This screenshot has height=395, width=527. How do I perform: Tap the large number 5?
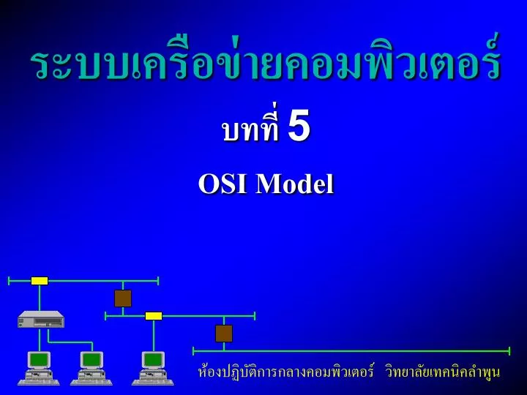[x=299, y=125]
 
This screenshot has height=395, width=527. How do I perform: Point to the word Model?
[x=294, y=184]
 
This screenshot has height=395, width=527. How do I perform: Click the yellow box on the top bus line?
[x=40, y=281]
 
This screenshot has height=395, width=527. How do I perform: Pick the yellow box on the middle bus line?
[x=154, y=316]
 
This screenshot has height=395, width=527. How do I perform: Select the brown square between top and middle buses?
[x=123, y=298]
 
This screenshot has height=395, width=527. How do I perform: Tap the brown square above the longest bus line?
[x=224, y=334]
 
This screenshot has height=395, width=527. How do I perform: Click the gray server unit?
[x=41, y=319]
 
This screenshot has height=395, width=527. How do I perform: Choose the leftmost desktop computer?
[x=39, y=369]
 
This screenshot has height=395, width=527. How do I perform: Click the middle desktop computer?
[x=91, y=369]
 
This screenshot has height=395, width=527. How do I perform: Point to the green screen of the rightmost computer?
[x=153, y=360]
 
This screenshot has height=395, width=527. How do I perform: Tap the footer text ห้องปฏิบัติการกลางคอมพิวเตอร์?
[x=286, y=372]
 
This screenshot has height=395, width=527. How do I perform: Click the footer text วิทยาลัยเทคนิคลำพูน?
[x=443, y=372]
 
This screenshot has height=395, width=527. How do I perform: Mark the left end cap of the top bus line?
[x=9, y=281]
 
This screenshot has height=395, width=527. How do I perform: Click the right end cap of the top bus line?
[x=158, y=281]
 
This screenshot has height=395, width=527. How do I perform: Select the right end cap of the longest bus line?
[x=509, y=351]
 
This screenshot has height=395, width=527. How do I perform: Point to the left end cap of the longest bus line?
[x=193, y=351]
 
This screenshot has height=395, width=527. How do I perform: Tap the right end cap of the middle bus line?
[x=255, y=316]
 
